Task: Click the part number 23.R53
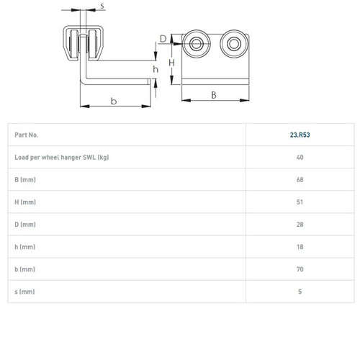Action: tap(300, 135)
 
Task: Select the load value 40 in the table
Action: tap(300, 157)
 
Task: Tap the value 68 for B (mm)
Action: tap(300, 180)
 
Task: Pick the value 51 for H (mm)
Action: tap(300, 202)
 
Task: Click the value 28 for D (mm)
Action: tap(300, 225)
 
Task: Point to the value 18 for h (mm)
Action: tap(300, 247)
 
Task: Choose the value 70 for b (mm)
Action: tap(300, 269)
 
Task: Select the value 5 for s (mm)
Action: tap(300, 292)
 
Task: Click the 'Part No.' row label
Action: tap(27, 135)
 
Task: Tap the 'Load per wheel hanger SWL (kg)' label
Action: tap(62, 158)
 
